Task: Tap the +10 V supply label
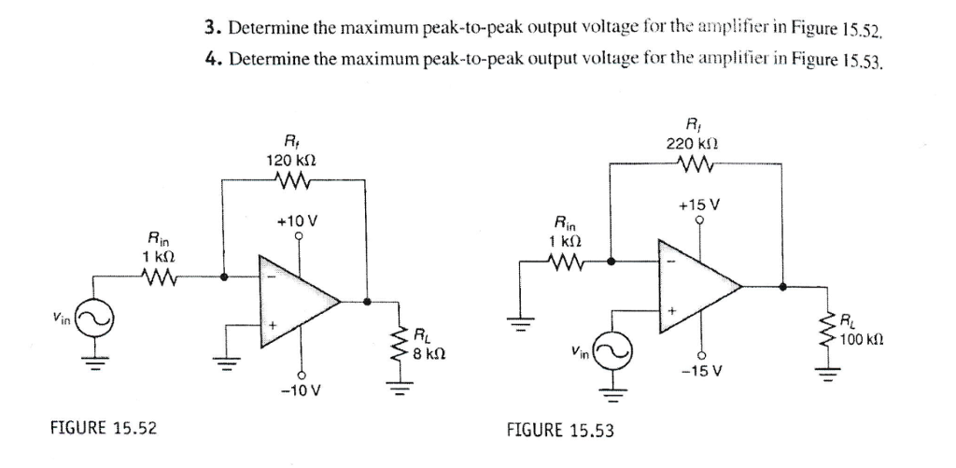pyautogui.click(x=299, y=221)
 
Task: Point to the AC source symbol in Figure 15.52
pyautogui.click(x=94, y=320)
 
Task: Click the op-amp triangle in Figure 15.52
pyautogui.click(x=297, y=301)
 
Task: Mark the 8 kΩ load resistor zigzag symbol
pyautogui.click(x=401, y=344)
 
